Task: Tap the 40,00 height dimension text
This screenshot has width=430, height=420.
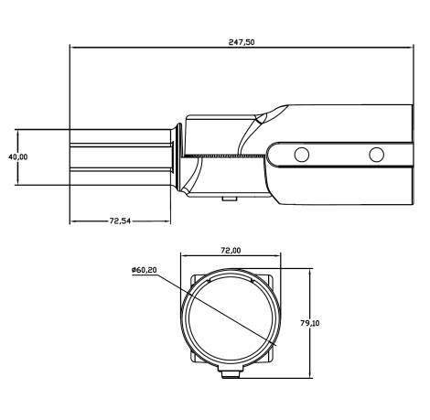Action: pyautogui.click(x=17, y=157)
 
